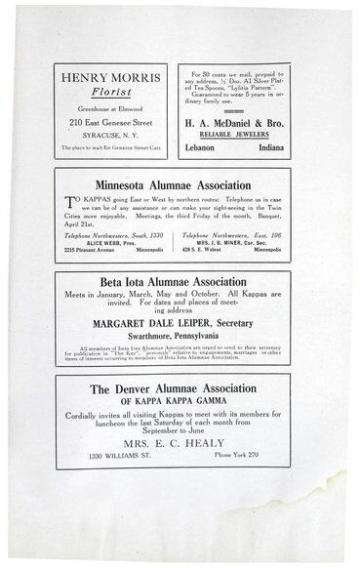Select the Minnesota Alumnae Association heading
tap(180, 183)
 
